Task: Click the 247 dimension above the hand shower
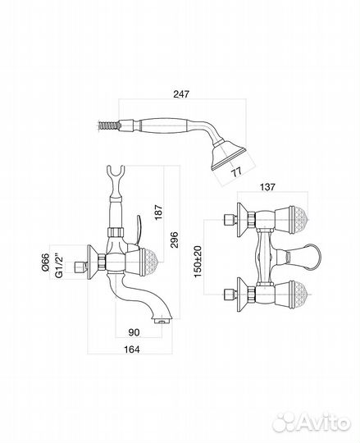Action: tap(181, 94)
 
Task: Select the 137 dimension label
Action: tap(267, 187)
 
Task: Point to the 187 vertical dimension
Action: tap(159, 212)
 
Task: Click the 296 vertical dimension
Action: tap(175, 240)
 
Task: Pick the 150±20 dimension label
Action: tap(198, 261)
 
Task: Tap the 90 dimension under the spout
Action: tap(134, 332)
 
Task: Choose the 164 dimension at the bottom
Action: tap(132, 349)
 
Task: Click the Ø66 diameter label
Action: tap(45, 263)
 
